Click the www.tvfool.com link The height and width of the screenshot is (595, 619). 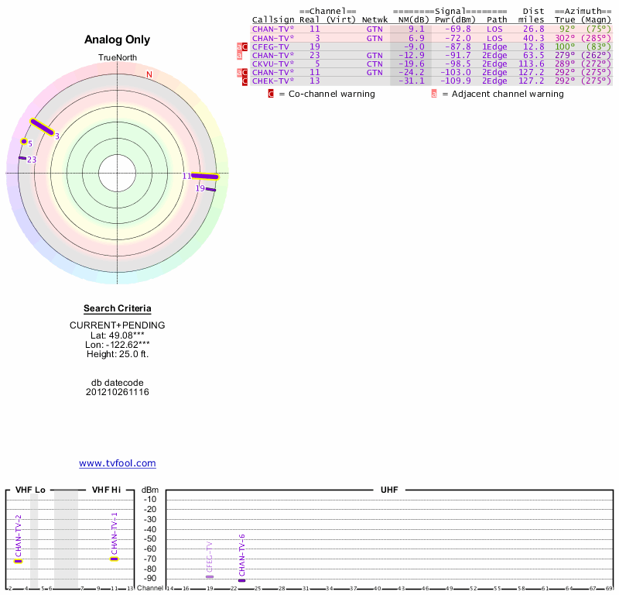coord(118,463)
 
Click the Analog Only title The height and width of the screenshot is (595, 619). coord(118,40)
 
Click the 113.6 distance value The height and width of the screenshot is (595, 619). coord(531,64)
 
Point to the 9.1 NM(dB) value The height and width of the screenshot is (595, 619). coord(416,29)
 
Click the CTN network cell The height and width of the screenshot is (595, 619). coord(374,64)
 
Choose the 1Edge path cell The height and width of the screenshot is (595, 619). coord(494,46)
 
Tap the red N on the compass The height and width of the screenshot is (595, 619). coord(149,74)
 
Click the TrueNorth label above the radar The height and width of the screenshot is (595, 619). coord(118,58)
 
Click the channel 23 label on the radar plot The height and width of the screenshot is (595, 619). coord(32,160)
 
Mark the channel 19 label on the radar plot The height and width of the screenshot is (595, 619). coord(200,188)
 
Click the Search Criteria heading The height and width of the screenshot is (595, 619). coord(118,308)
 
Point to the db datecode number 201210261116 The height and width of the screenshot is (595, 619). coord(118,392)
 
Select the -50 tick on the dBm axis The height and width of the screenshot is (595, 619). coord(150,538)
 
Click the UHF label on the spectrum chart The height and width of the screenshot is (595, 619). coord(388,490)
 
